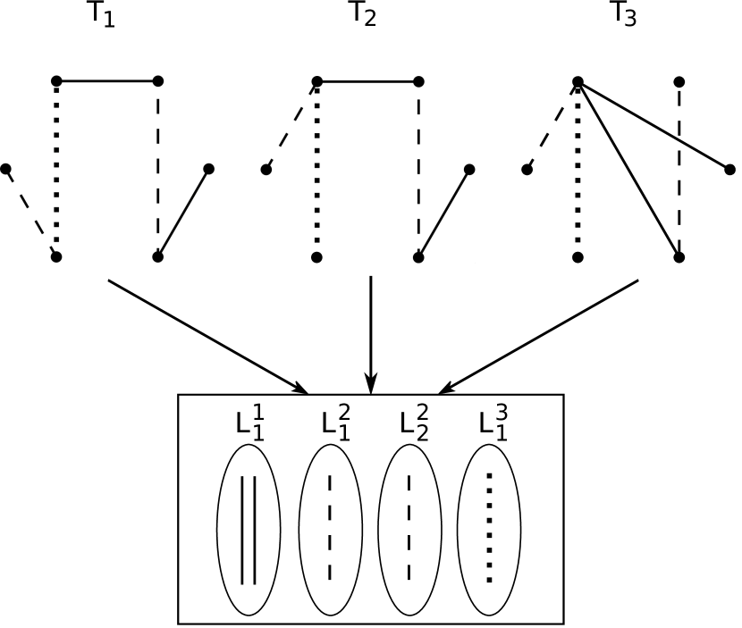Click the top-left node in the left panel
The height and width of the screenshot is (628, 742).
pos(56,81)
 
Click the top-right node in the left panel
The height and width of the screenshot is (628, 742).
pos(158,81)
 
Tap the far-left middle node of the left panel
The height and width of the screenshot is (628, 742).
pos(5,169)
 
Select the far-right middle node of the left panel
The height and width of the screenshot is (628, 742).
pos(209,169)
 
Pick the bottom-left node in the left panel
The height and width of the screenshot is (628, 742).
pos(56,257)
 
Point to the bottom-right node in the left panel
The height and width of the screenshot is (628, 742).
pos(158,257)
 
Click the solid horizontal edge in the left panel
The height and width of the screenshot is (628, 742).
pos(107,81)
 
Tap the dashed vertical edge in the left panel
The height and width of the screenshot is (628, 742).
pos(158,170)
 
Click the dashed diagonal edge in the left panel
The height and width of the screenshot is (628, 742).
pos(30,213)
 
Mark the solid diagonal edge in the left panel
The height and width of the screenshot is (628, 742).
pos(183,213)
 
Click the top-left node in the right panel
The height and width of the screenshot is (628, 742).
pos(317,81)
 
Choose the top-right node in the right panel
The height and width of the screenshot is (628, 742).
pos(418,81)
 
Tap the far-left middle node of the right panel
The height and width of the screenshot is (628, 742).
pos(266,169)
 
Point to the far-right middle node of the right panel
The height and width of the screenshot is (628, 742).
pos(469,169)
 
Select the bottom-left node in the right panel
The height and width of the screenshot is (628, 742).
pos(316,257)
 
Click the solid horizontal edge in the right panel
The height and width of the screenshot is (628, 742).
pos(367,81)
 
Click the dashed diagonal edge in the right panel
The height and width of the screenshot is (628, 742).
pos(291,125)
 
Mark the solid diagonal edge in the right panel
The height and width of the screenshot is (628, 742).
pos(444,213)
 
